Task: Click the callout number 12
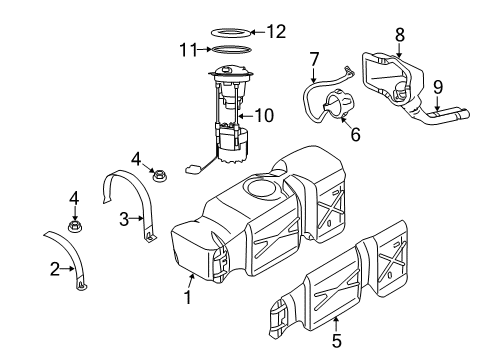click(x=276, y=31)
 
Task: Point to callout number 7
click(x=313, y=60)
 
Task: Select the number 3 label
click(x=125, y=218)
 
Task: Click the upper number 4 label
click(x=135, y=156)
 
